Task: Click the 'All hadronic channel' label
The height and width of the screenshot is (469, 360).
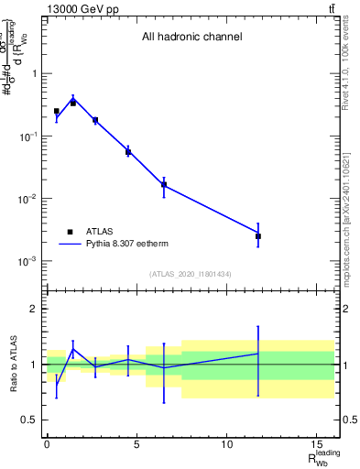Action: tap(191, 38)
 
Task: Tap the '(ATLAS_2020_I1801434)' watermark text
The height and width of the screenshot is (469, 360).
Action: tap(191, 274)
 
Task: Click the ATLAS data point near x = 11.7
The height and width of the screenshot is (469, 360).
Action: tap(258, 236)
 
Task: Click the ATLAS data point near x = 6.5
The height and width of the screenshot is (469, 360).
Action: tap(164, 185)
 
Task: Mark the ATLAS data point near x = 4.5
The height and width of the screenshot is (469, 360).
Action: tap(128, 151)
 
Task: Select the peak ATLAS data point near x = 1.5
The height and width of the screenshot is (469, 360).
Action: tap(73, 103)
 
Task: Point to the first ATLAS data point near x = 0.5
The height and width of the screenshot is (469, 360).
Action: tap(56, 111)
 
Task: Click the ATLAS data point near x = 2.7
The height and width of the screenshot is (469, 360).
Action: tap(95, 120)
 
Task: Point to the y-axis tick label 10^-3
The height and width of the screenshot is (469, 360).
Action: tap(27, 262)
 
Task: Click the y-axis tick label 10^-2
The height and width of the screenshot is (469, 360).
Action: tap(27, 199)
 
